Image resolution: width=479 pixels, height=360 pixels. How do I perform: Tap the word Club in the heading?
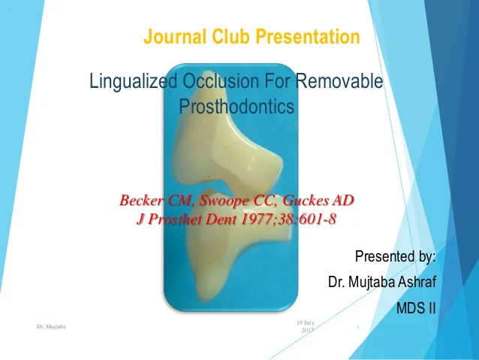pyautogui.click(x=227, y=36)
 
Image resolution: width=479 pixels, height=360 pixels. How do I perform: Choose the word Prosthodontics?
pyautogui.click(x=236, y=107)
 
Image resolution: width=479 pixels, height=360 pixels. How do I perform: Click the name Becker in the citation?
pyautogui.click(x=142, y=201)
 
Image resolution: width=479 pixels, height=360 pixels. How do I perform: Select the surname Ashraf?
pyautogui.click(x=412, y=283)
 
